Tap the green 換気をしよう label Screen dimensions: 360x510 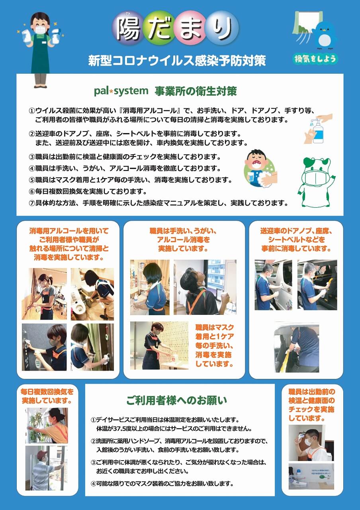[315, 59]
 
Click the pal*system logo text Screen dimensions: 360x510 [121, 91]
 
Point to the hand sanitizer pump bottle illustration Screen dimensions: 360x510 [318, 129]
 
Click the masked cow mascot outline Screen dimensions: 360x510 [316, 182]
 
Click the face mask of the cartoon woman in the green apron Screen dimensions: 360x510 [40, 30]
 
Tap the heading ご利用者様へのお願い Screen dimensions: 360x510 [176, 400]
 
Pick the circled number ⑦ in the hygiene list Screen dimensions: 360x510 [31, 203]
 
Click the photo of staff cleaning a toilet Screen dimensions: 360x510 [92, 294]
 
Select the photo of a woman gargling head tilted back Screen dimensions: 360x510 [205, 287]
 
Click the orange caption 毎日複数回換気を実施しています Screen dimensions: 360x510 [47, 396]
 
